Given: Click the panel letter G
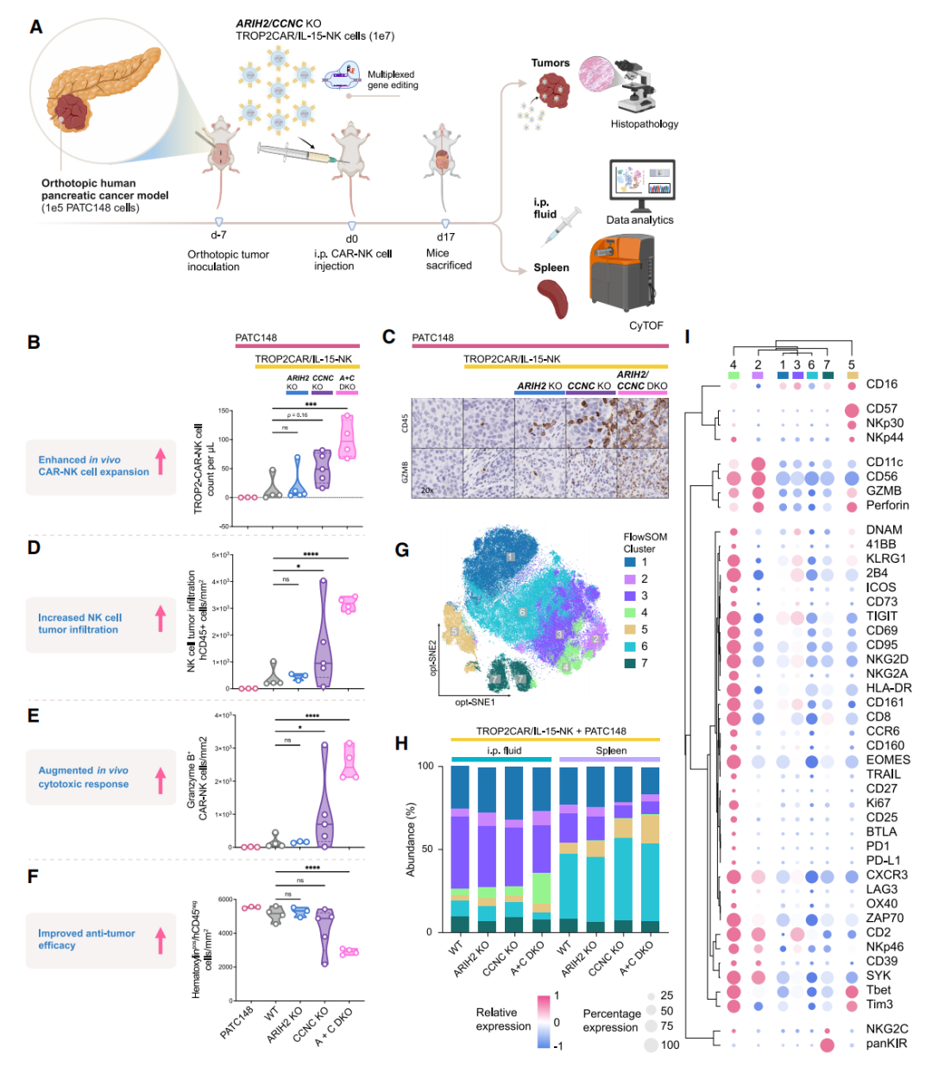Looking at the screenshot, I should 401,550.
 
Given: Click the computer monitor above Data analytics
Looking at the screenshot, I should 641,184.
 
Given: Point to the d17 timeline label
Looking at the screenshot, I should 445,237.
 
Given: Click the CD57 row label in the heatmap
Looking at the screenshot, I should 881,408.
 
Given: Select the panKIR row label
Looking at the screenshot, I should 886,1044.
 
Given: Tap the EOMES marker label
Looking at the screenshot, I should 888,760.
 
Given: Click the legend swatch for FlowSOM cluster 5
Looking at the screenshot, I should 631,629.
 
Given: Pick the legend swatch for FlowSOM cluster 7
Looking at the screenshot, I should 631,663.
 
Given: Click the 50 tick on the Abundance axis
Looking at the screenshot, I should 426,849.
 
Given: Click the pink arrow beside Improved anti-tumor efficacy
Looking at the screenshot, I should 161,939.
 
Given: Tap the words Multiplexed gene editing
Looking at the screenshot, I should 393,80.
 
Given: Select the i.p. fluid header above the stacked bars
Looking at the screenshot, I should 504,750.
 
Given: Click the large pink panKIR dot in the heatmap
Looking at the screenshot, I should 827,1045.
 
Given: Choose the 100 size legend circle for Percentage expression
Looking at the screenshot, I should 651,1045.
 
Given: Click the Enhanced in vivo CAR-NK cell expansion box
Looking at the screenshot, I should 100,466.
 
